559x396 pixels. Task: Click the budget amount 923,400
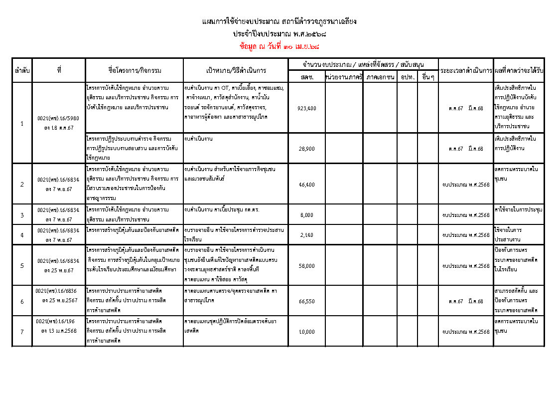(x=306, y=108)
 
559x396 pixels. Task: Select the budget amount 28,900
(x=306, y=149)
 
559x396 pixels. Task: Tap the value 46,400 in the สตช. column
(x=306, y=185)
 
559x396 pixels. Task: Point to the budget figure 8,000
(x=306, y=215)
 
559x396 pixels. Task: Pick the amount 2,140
(x=306, y=235)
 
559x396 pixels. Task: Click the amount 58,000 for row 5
(x=306, y=266)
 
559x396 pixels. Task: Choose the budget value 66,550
(x=306, y=301)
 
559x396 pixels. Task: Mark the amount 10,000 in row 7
(x=306, y=331)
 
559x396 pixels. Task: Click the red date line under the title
(x=279, y=46)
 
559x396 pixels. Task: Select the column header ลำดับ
(x=22, y=71)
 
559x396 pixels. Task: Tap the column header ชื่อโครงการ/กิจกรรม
(x=135, y=71)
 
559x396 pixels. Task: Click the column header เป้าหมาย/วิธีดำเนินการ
(x=236, y=71)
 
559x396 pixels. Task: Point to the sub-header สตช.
(x=306, y=77)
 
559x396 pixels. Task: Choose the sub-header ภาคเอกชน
(x=380, y=77)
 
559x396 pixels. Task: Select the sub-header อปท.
(x=407, y=77)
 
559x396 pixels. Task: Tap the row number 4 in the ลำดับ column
(x=22, y=235)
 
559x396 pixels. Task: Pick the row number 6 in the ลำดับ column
(x=22, y=301)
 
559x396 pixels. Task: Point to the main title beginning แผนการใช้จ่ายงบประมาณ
(x=279, y=21)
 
